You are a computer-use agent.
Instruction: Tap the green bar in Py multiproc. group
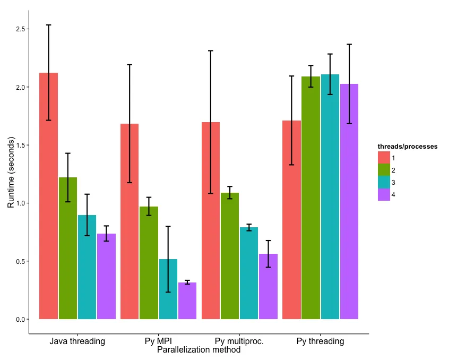pos(230,255)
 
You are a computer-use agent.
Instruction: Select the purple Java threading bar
pos(106,276)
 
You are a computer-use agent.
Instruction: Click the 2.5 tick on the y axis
pos(21,29)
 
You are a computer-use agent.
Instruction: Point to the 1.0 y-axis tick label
pos(21,203)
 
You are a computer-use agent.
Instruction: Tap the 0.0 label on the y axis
pos(21,320)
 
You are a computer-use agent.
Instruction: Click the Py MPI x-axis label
pos(158,341)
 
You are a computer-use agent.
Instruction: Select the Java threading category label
pos(77,341)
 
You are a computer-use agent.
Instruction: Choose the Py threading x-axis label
pos(320,341)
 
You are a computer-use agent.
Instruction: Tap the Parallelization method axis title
pos(199,350)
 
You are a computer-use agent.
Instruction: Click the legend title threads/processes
pos(407,146)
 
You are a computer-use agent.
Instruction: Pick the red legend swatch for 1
pos(384,158)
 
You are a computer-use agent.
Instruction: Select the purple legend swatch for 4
pos(384,195)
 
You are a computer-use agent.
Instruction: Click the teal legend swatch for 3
pos(384,183)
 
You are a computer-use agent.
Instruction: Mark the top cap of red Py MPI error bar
pos(130,65)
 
